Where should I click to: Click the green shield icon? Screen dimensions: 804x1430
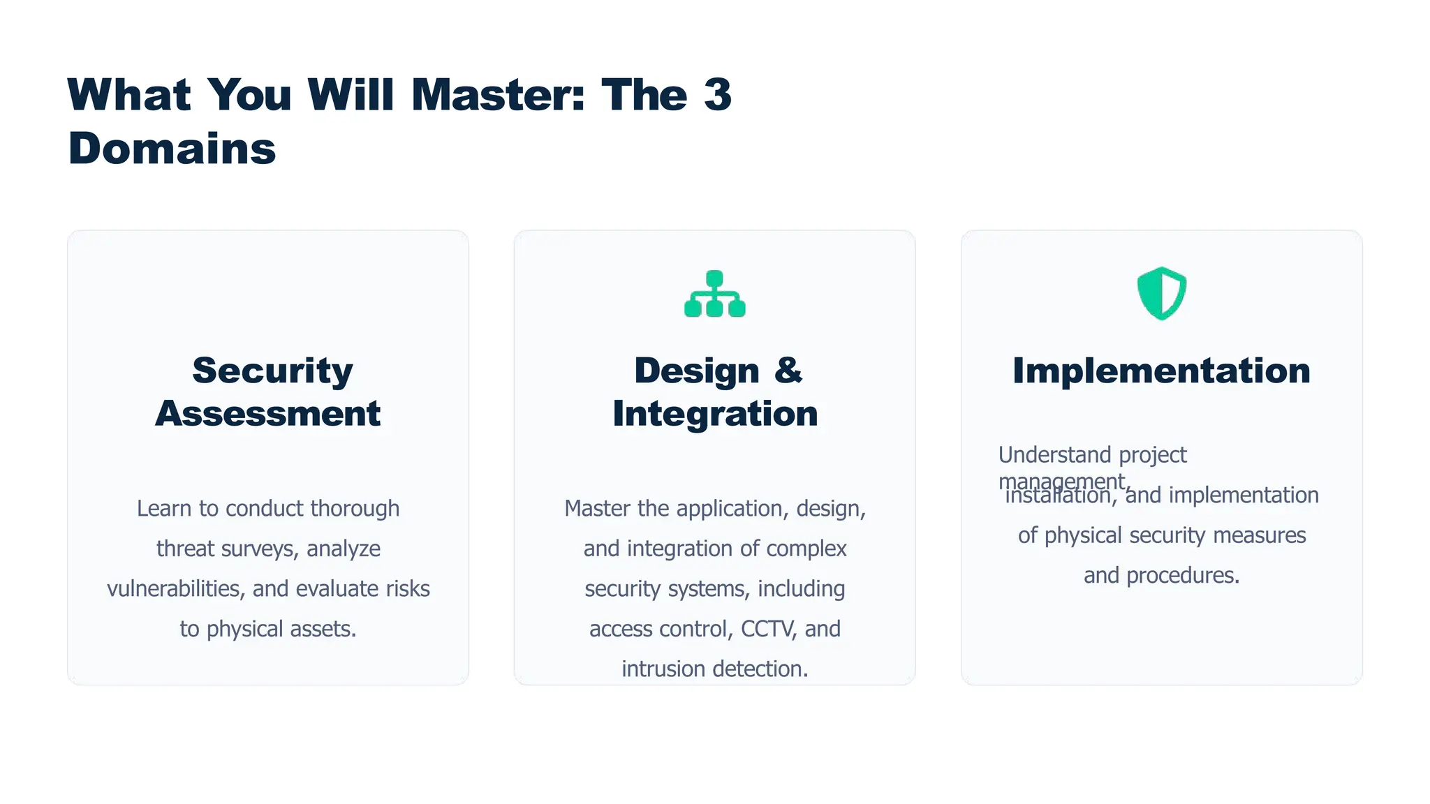point(1161,293)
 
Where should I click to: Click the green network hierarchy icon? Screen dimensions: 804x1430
point(714,294)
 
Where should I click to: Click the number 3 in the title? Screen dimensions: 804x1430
point(718,94)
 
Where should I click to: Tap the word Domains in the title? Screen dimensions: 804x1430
point(172,149)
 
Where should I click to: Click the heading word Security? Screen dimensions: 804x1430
point(272,370)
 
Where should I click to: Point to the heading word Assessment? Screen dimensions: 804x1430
point(268,413)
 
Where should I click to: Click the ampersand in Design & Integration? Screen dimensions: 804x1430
point(788,370)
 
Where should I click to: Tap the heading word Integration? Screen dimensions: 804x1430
point(715,413)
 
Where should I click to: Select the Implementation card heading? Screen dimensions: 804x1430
point(1161,370)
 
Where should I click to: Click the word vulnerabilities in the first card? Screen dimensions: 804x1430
point(174,588)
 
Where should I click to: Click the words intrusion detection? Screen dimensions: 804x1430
point(714,669)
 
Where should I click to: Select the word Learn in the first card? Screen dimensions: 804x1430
point(165,508)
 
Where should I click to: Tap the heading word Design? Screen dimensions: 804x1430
point(696,370)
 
